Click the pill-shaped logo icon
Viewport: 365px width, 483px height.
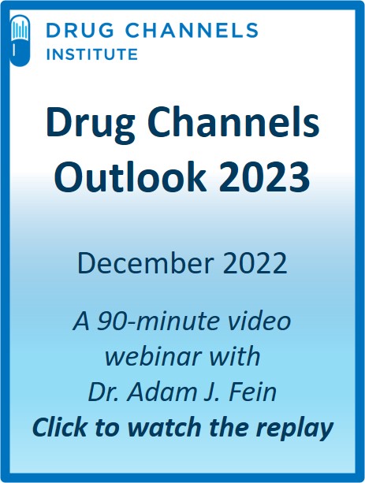[20, 40]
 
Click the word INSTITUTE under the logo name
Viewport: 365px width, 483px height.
[92, 54]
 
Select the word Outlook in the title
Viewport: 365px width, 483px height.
[130, 176]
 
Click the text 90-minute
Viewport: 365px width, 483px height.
[157, 321]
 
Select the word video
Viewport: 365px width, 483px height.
[257, 321]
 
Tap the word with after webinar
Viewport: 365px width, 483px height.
[233, 356]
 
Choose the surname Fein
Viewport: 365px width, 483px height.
[252, 392]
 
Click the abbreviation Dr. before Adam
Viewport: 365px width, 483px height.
[105, 392]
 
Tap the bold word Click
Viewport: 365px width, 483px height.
[60, 427]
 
